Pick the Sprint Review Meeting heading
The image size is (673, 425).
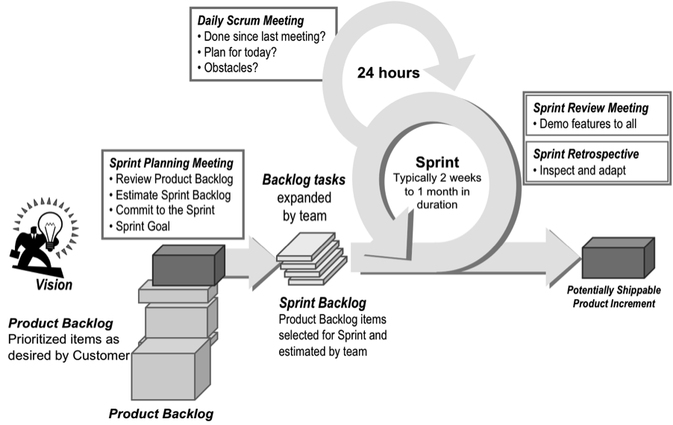(x=590, y=108)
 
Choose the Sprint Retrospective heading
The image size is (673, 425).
(x=586, y=154)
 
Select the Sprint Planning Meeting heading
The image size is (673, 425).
(x=171, y=163)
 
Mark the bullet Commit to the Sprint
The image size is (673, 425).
(x=165, y=210)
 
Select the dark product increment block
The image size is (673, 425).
(x=618, y=256)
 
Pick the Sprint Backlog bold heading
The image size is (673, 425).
(x=322, y=303)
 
